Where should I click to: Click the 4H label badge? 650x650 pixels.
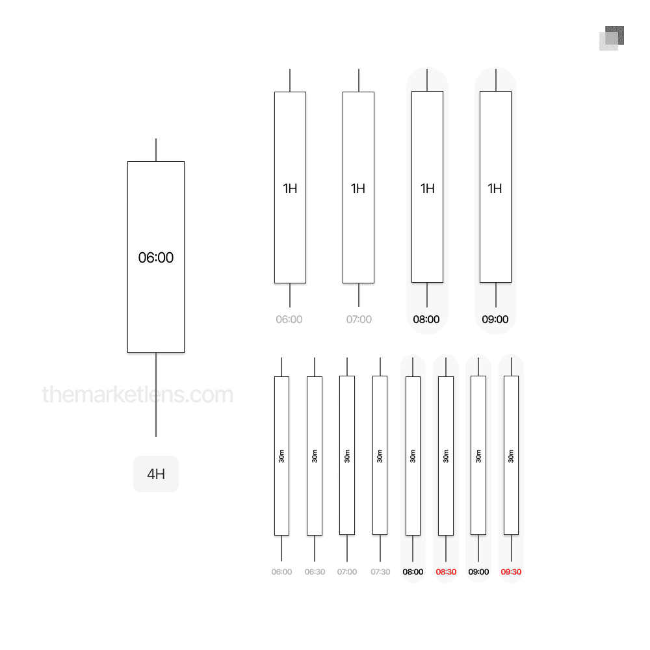(x=156, y=474)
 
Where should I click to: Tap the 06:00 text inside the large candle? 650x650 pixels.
(x=156, y=257)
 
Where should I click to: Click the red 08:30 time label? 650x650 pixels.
(x=446, y=571)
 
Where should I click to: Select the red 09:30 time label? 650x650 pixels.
(x=511, y=571)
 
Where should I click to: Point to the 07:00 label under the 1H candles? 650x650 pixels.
(x=359, y=319)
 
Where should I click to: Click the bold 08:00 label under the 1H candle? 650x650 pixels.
(x=426, y=319)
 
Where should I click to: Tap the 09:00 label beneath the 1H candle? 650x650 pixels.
(x=495, y=319)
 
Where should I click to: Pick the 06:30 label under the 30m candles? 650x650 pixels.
(x=315, y=571)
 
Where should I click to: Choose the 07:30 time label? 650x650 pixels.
(x=380, y=571)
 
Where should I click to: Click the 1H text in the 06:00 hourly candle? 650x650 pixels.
(x=290, y=188)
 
